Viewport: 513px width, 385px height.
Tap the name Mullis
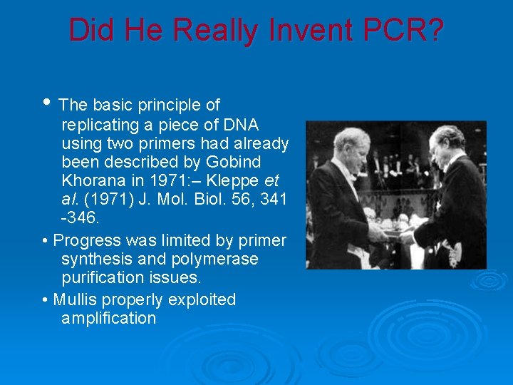pos(78,299)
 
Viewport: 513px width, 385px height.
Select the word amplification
pos(108,318)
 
